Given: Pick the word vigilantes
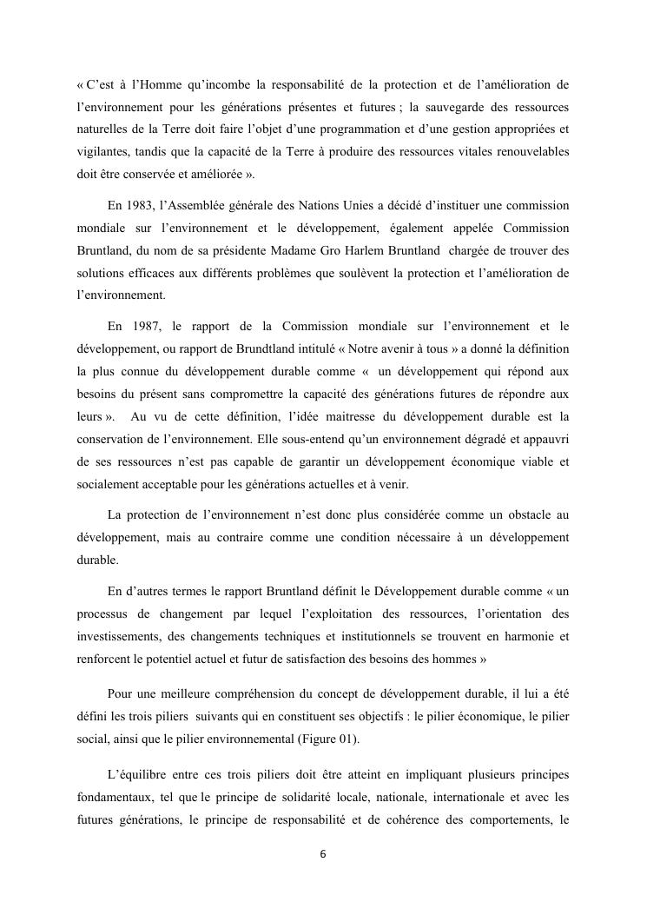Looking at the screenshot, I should (102, 150).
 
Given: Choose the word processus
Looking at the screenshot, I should (102, 613).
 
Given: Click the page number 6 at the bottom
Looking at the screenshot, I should (323, 854).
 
